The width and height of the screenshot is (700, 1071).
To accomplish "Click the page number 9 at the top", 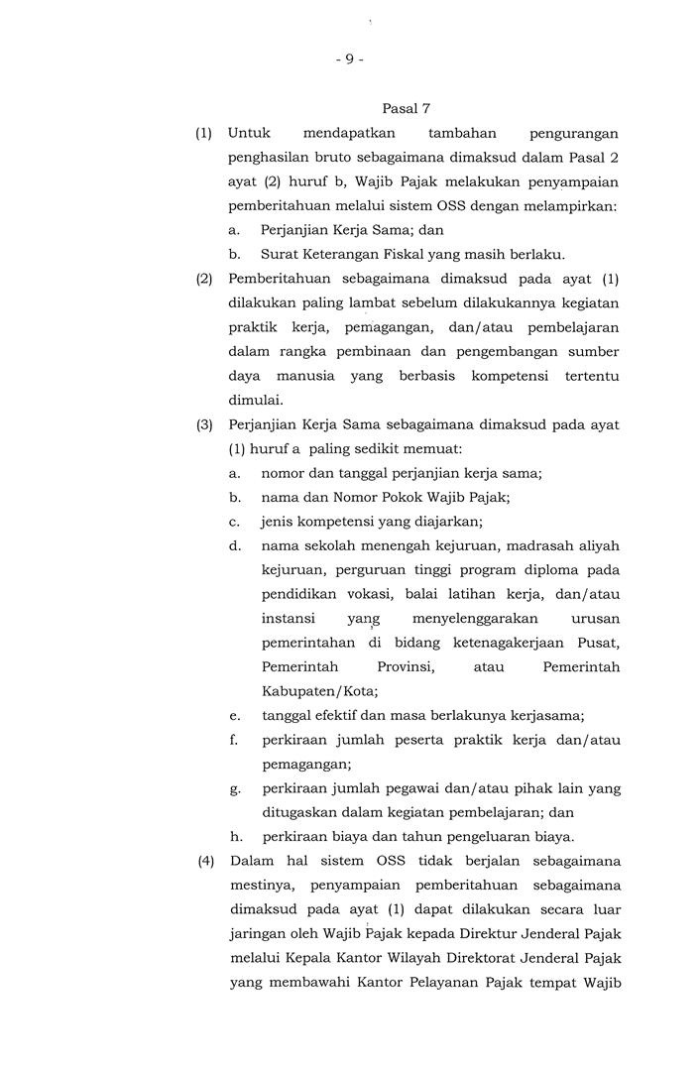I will [x=349, y=59].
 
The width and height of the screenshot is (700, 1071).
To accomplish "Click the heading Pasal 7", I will [x=406, y=107].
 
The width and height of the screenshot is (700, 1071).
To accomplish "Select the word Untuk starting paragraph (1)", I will [x=249, y=133].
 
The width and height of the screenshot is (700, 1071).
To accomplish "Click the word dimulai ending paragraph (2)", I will [x=255, y=401].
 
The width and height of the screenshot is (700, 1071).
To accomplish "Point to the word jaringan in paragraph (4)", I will [x=259, y=933].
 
